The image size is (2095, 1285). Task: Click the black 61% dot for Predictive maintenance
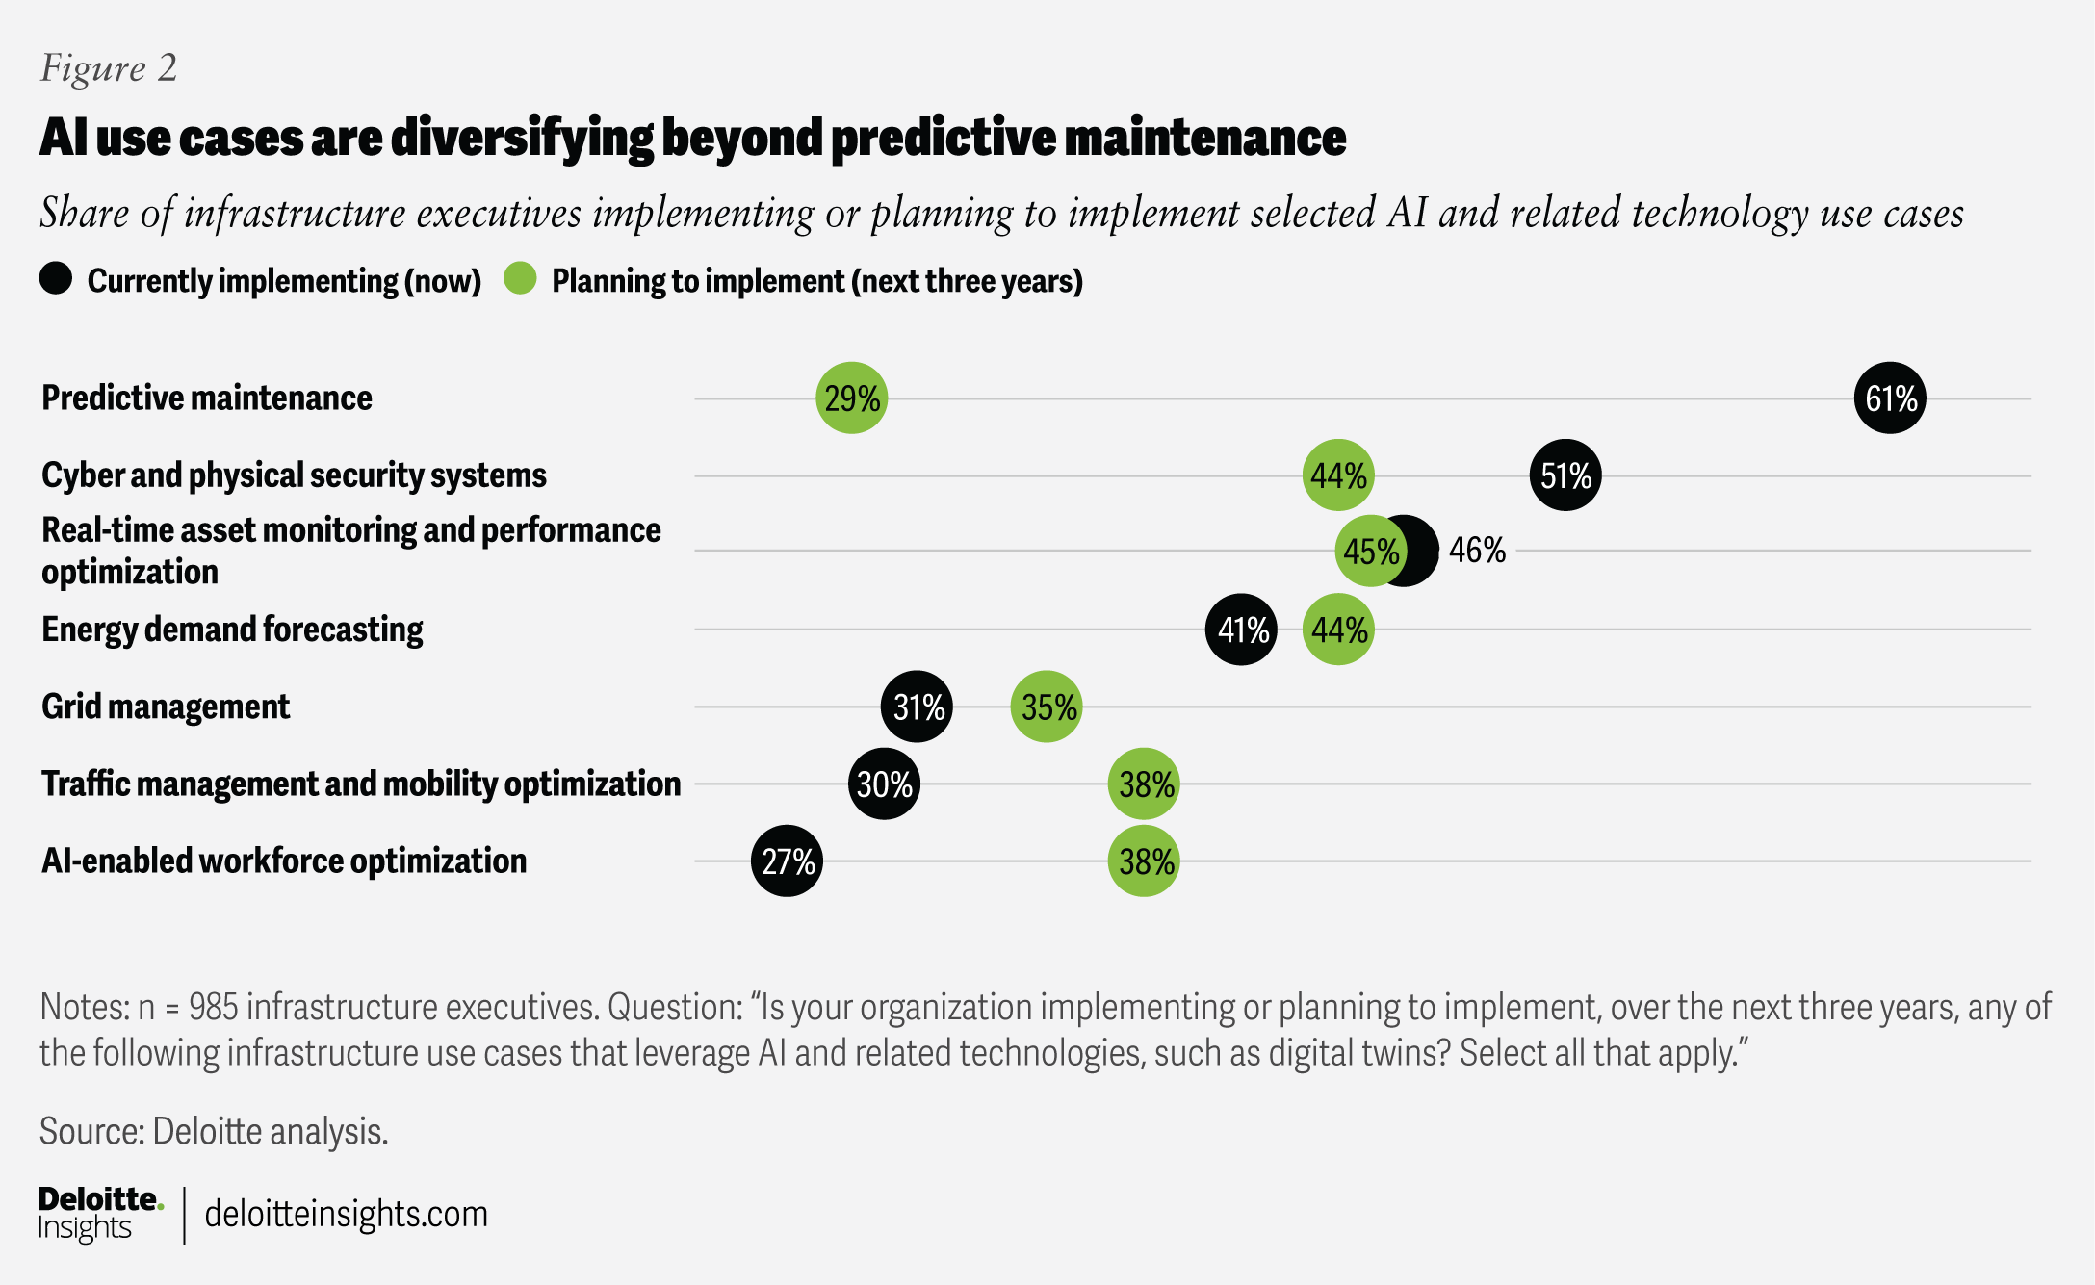point(1890,398)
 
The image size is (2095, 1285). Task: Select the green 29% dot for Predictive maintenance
point(851,398)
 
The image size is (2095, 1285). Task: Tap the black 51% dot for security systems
point(1565,475)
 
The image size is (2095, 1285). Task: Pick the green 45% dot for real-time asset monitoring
point(1370,551)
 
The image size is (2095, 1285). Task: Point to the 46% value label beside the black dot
point(1477,551)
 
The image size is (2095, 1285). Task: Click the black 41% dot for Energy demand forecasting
point(1241,630)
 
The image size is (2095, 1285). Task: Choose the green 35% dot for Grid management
point(1047,707)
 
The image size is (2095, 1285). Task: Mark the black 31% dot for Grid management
point(917,707)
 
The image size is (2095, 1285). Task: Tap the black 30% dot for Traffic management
point(884,784)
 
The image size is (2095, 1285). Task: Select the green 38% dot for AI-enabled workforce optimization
point(1144,861)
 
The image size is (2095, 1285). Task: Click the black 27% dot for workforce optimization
point(787,861)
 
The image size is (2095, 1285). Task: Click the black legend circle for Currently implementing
point(56,279)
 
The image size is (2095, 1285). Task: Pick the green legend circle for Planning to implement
point(520,279)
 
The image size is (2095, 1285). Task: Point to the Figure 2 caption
point(109,68)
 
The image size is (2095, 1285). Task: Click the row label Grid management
point(166,707)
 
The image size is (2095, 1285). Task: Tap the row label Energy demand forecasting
point(232,630)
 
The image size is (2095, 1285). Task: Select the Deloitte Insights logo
point(100,1214)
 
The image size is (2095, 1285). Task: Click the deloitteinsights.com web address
point(347,1215)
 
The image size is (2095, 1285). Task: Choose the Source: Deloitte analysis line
point(214,1132)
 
